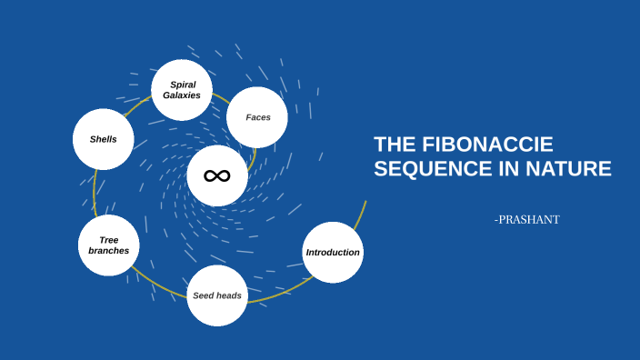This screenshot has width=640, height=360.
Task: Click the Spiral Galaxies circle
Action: tap(182, 90)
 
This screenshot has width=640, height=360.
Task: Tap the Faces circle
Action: tap(257, 117)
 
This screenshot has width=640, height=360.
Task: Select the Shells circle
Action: tap(103, 139)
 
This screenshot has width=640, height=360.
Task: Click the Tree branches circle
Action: tap(108, 245)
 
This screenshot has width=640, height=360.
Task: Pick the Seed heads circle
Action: tap(217, 295)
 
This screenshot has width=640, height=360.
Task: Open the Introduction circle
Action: tap(333, 252)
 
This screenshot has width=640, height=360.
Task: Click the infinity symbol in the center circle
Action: tap(217, 175)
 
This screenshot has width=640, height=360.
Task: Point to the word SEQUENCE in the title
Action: tap(428, 169)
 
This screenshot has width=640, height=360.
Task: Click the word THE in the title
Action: tap(395, 145)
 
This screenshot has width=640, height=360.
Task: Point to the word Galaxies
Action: tap(182, 95)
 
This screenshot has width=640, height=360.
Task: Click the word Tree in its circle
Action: tap(109, 240)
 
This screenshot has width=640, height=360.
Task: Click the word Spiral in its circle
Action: tap(183, 85)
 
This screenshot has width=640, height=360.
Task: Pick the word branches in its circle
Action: tap(109, 251)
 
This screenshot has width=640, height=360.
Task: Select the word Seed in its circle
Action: tap(203, 295)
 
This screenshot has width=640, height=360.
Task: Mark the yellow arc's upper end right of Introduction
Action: tap(365, 202)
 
